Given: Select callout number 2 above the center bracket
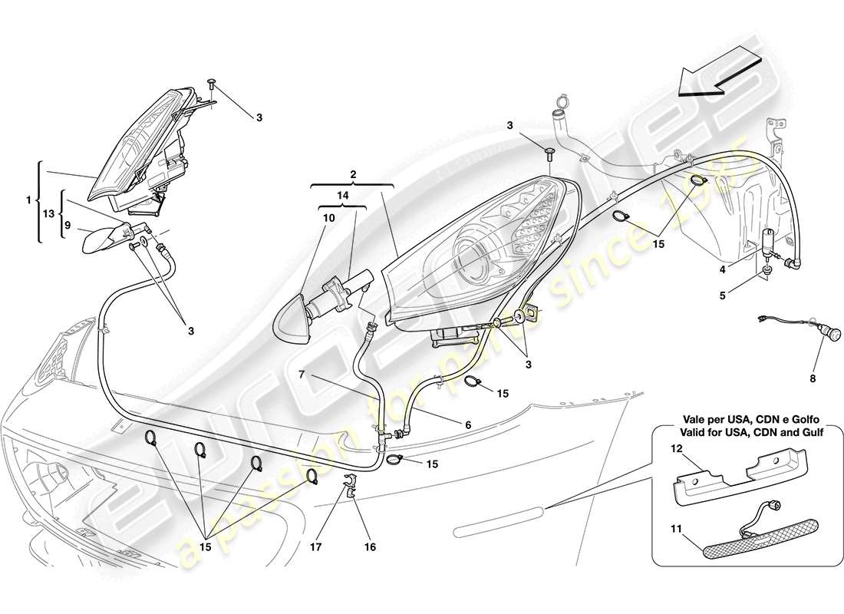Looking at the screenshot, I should tap(352, 175).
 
